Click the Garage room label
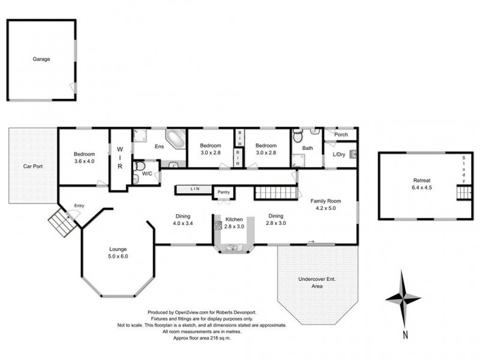point(41,59)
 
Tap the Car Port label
point(32,166)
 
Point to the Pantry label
point(224,192)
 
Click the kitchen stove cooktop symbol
point(217,226)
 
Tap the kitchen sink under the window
point(232,247)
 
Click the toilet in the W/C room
point(139,166)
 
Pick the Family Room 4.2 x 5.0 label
point(325,205)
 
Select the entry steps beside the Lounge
point(61,223)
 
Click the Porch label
point(341,135)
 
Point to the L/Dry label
point(340,155)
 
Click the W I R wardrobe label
point(119,158)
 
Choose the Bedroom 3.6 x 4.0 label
point(85,158)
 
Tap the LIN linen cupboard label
point(195,190)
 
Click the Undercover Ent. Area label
point(317,283)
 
